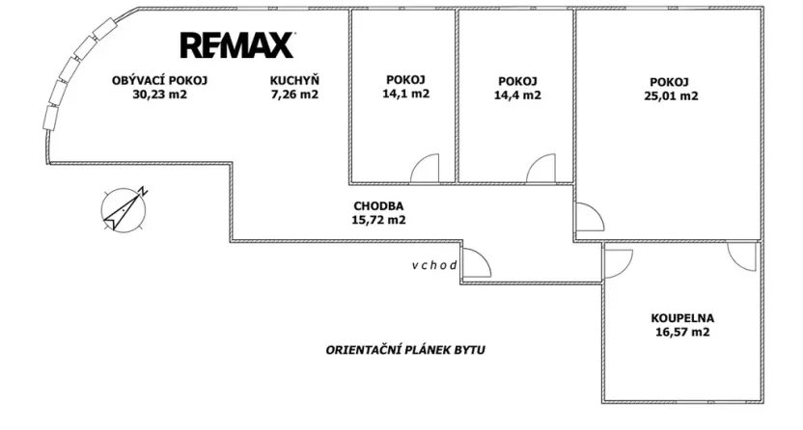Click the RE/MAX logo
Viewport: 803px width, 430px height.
coord(237,44)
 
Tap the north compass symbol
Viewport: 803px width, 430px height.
coord(124,209)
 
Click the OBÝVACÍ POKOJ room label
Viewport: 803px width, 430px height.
coord(159,80)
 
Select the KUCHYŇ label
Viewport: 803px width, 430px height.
coord(294,80)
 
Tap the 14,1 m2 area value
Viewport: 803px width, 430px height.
coord(404,94)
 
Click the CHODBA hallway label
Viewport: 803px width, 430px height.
coord(378,205)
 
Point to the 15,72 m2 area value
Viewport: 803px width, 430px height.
coord(378,220)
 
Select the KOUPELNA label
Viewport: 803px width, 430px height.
coord(682,317)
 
